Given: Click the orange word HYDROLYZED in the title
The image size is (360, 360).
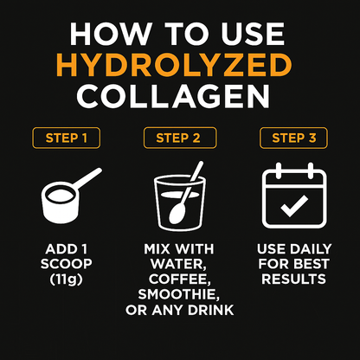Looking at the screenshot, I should click(x=180, y=65).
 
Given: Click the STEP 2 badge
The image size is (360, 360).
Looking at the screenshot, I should click(x=180, y=138).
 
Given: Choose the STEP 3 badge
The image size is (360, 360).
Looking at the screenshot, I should click(x=292, y=138).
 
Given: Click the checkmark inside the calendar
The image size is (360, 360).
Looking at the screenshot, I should click(x=293, y=206).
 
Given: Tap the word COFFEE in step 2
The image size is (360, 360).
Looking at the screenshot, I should click(x=180, y=280).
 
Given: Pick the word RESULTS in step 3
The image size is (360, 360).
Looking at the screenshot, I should click(x=293, y=280).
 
